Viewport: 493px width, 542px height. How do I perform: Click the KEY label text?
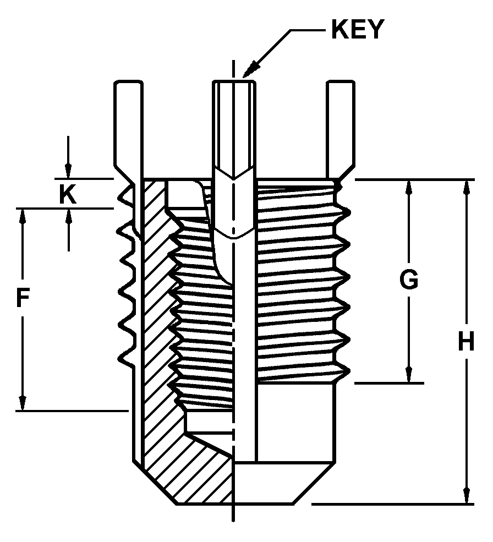tap(357, 30)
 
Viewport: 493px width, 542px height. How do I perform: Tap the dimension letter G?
tap(408, 280)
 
